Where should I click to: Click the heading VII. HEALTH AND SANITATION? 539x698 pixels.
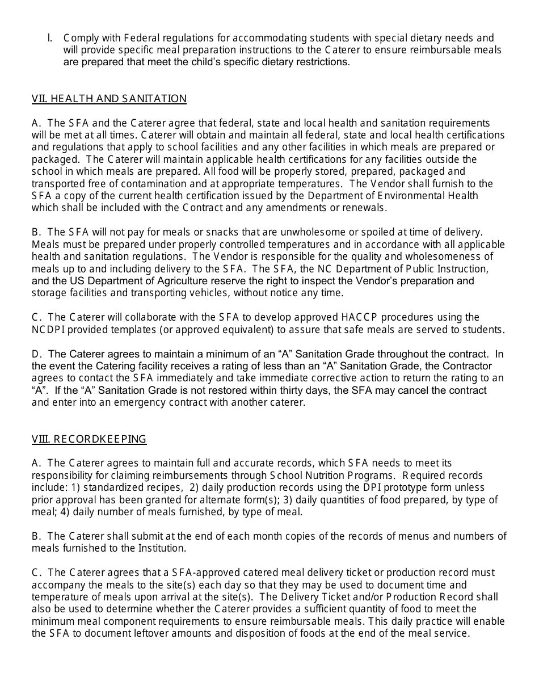pyautogui.click(x=109, y=99)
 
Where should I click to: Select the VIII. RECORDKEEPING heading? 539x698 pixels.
pyautogui.click(x=89, y=439)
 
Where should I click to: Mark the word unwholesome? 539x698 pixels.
pyautogui.click(x=323, y=232)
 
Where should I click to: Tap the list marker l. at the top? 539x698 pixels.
pyautogui.click(x=50, y=38)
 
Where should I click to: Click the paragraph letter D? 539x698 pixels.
pyautogui.click(x=36, y=354)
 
